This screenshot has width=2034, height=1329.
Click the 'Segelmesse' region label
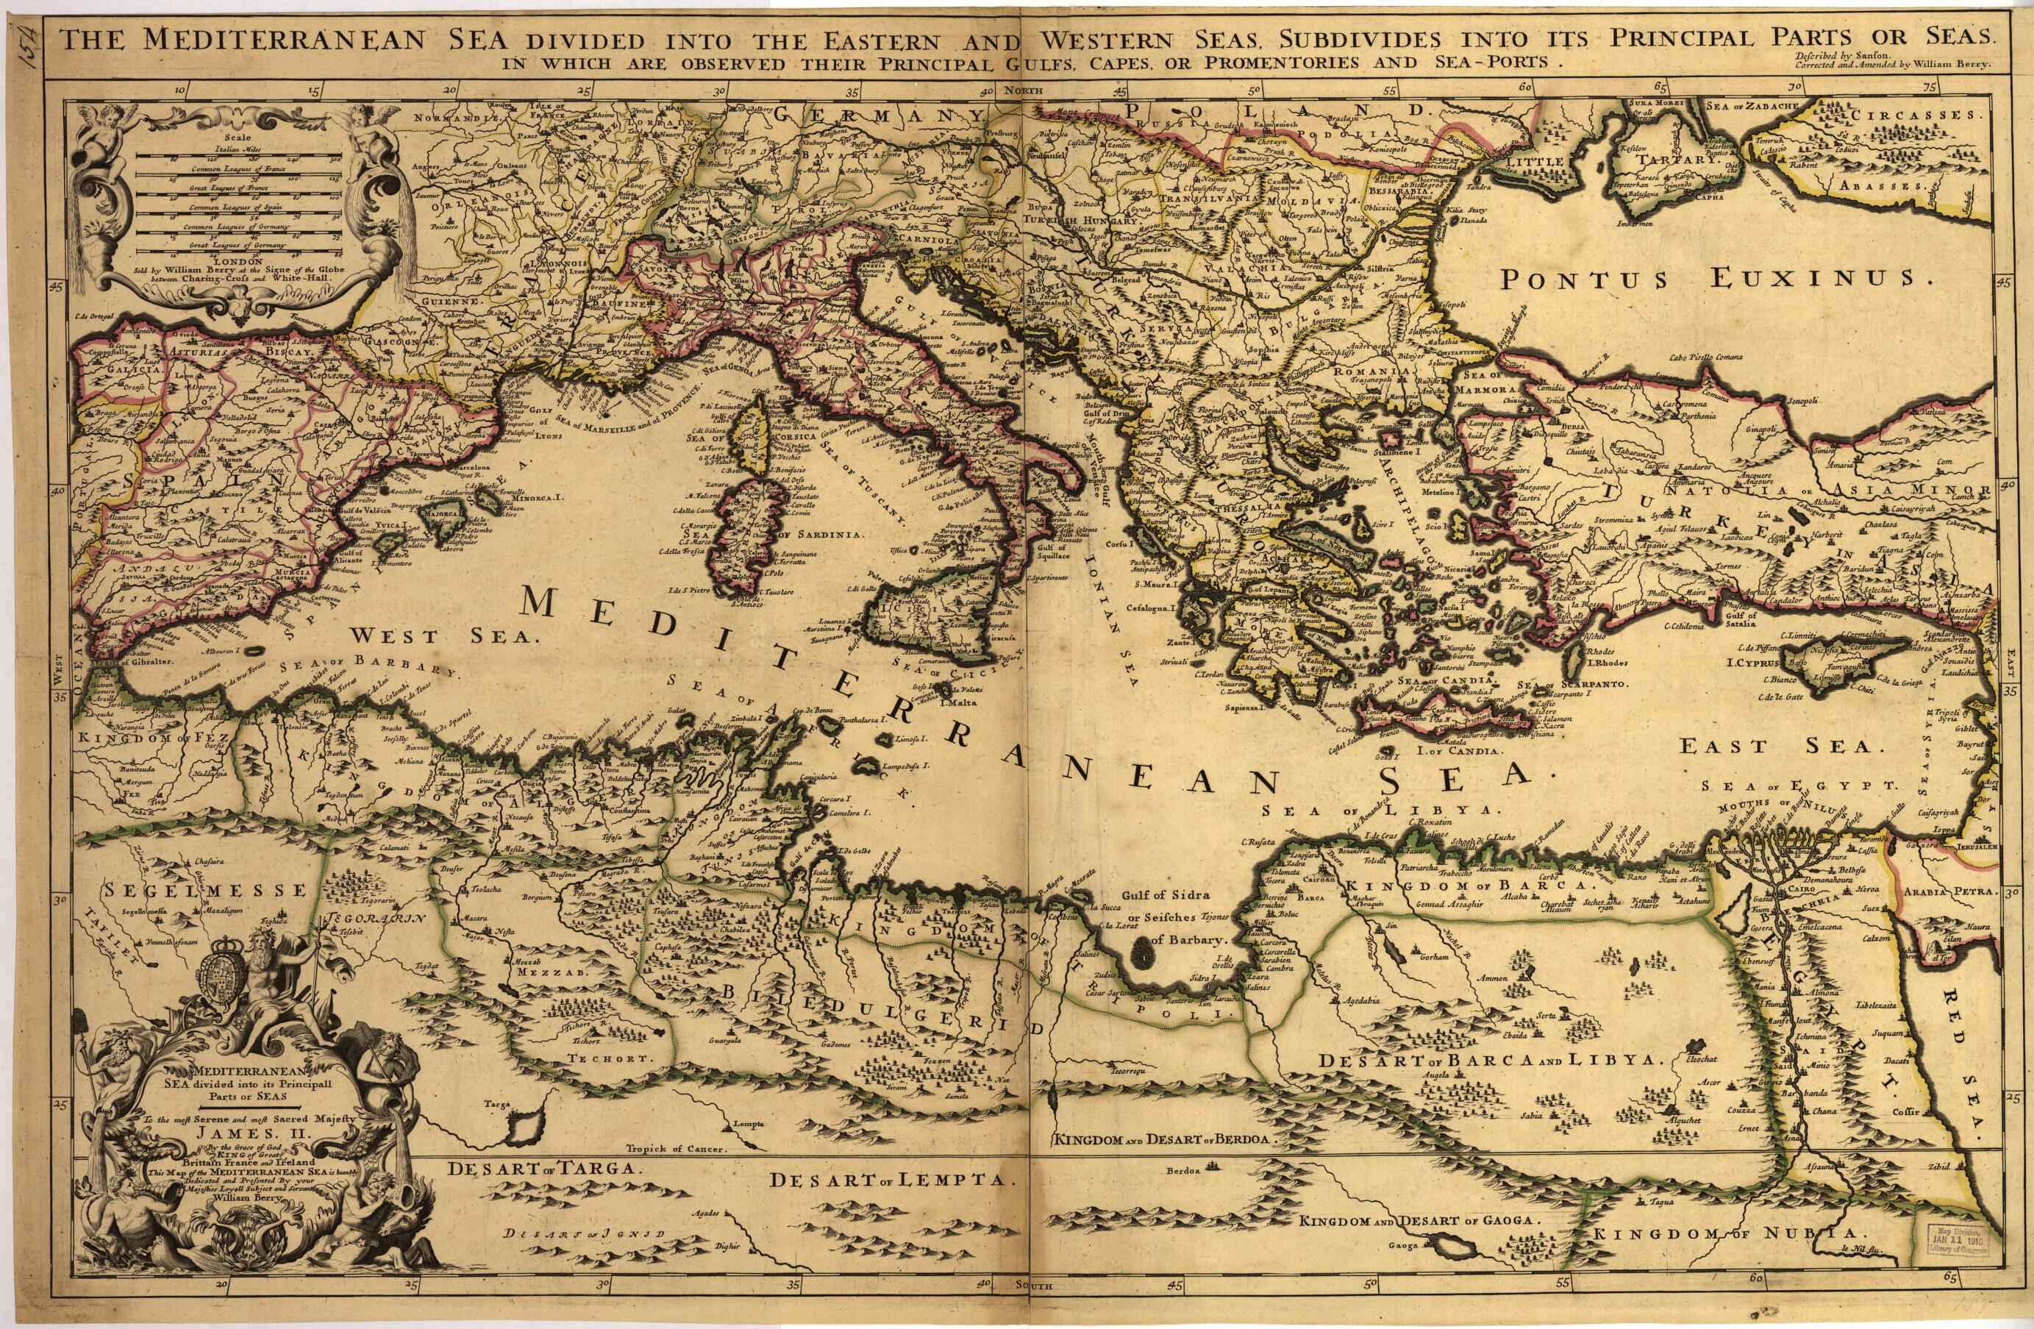[204, 890]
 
